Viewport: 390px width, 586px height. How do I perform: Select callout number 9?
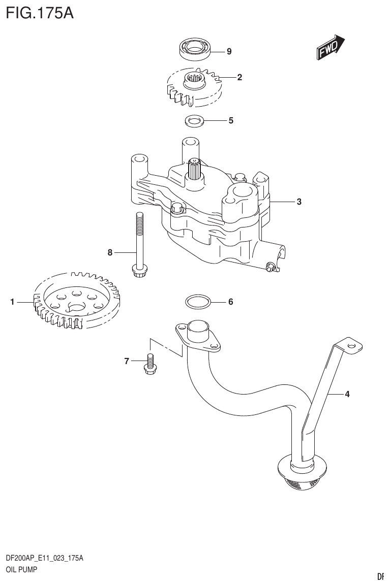(x=229, y=51)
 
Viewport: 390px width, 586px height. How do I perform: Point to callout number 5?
(x=230, y=121)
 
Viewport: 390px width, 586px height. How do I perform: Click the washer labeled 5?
(x=193, y=121)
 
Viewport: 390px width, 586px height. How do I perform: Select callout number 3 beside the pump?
(x=299, y=202)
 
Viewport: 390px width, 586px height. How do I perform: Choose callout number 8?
(x=110, y=252)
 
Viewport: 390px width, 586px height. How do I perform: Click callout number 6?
(x=230, y=302)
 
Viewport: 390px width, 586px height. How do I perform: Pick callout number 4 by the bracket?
(x=347, y=394)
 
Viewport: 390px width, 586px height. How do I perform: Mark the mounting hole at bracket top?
(x=351, y=345)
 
